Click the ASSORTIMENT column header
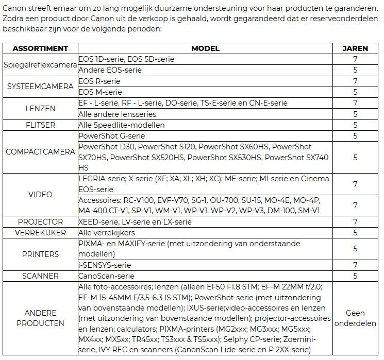pos(40,48)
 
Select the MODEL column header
pos(205,48)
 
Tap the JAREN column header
pos(355,48)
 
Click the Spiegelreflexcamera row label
pos(40,65)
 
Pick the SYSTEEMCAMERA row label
pos(40,87)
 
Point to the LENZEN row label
pos(40,109)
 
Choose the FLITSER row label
pos(40,125)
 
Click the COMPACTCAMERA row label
pos(40,152)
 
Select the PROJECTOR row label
pos(40,222)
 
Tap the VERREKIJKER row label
pos(40,233)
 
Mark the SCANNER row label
pos(40,276)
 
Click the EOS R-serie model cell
pos(99,81)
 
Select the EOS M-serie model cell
pos(100,92)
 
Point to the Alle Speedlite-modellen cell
pos(122,125)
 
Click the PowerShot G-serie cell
pos(111,136)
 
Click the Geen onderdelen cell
pos(355,318)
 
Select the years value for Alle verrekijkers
pos(355,233)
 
